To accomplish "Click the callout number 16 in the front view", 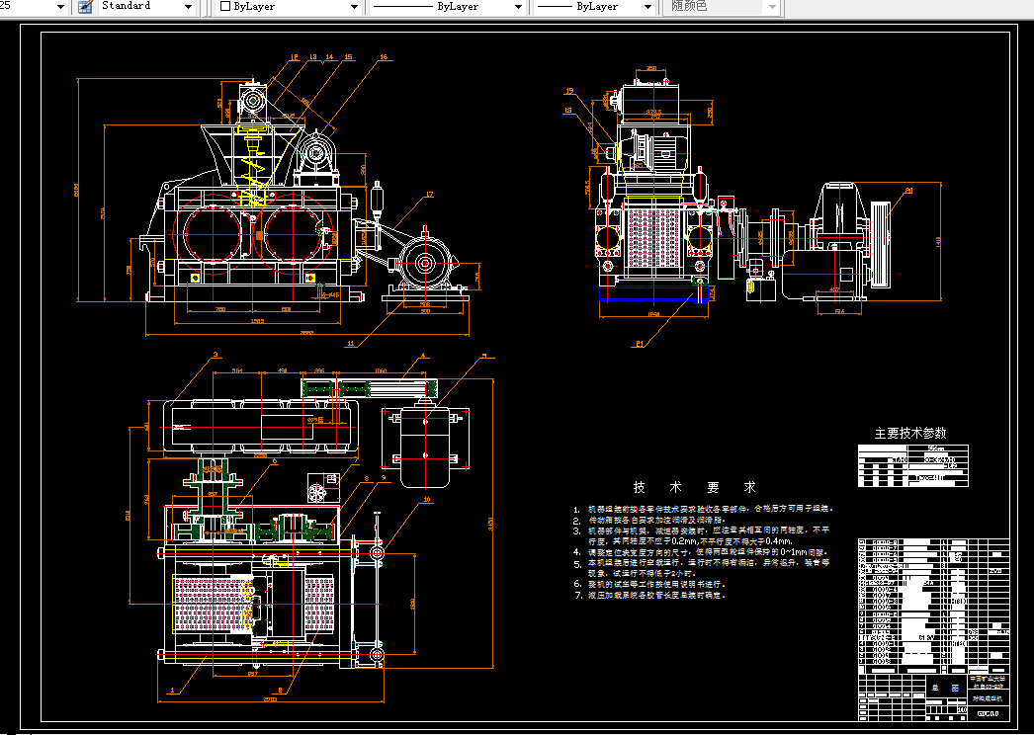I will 383,57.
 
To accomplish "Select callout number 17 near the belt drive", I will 430,194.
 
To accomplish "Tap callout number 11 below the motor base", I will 351,344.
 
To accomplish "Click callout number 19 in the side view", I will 569,92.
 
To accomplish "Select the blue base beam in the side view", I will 652,296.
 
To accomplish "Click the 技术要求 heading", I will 694,488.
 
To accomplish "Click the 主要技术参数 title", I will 909,433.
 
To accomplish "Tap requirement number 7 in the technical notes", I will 576,596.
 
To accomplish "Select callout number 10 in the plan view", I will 427,500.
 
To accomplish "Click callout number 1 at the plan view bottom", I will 173,689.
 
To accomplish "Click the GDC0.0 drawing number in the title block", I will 988,712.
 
